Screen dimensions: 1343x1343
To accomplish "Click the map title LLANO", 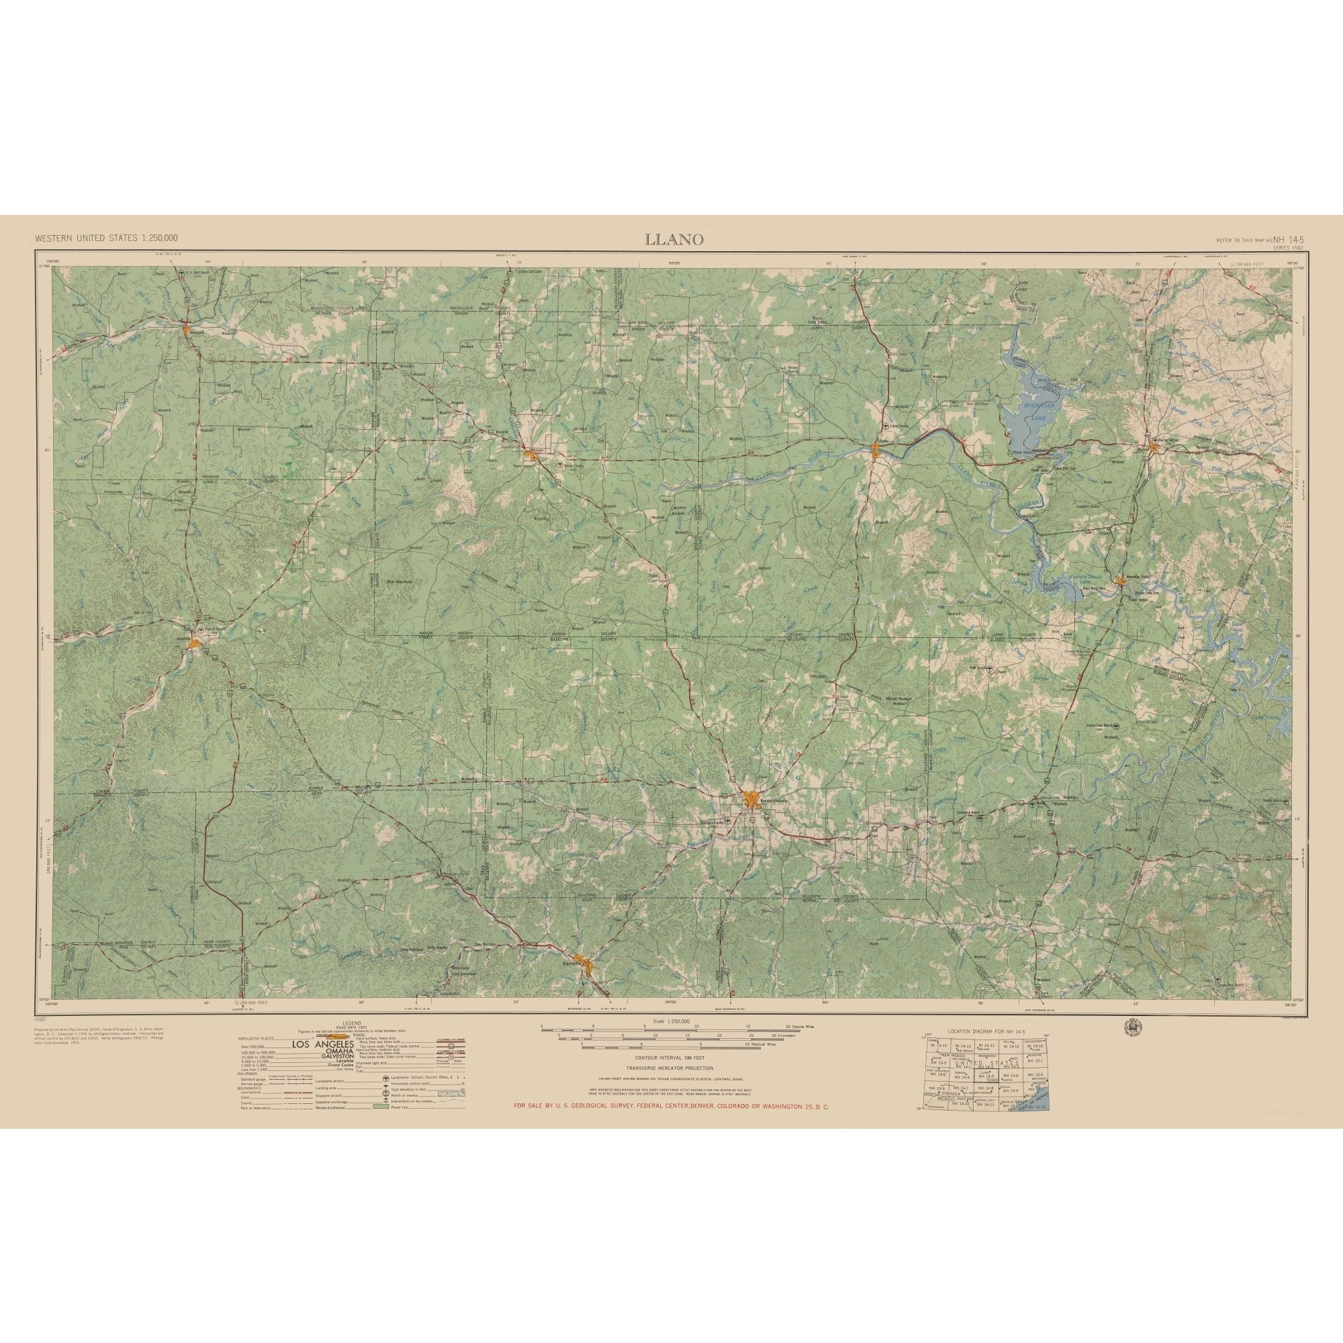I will click(674, 239).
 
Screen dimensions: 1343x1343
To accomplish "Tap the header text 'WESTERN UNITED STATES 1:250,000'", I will click(106, 238).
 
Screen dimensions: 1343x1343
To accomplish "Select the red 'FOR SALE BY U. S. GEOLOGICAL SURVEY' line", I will click(671, 1125).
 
